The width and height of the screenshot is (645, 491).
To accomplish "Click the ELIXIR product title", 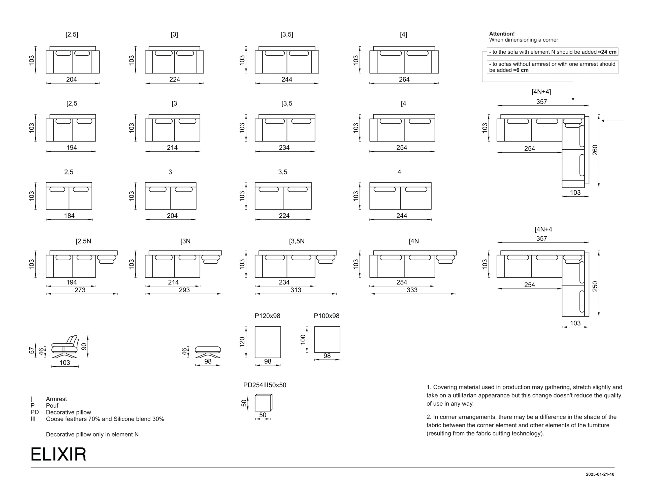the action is [x=58, y=454].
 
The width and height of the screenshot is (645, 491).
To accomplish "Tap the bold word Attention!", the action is [x=502, y=34].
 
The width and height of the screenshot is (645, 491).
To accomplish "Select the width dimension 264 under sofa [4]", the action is [x=404, y=79].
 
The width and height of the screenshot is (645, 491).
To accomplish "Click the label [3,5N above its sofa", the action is [x=297, y=241].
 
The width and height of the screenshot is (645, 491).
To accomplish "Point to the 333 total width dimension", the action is [x=412, y=290].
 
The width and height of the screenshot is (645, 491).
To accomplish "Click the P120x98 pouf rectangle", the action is [x=268, y=342].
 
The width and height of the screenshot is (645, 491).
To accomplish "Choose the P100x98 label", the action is [x=327, y=316].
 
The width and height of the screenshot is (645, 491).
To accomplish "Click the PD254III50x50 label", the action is [x=265, y=385].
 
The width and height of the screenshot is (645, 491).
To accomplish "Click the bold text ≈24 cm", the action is [x=607, y=52].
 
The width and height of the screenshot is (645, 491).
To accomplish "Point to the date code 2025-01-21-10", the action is [x=600, y=474].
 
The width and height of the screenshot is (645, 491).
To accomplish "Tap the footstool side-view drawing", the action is [x=208, y=352].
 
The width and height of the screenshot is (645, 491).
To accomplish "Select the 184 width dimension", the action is [x=69, y=216].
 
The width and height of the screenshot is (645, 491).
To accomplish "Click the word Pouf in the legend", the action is [x=52, y=406].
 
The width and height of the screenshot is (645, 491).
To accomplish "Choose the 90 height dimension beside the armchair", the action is [x=84, y=347].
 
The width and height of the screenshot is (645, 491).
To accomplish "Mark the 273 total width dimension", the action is [x=80, y=290].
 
